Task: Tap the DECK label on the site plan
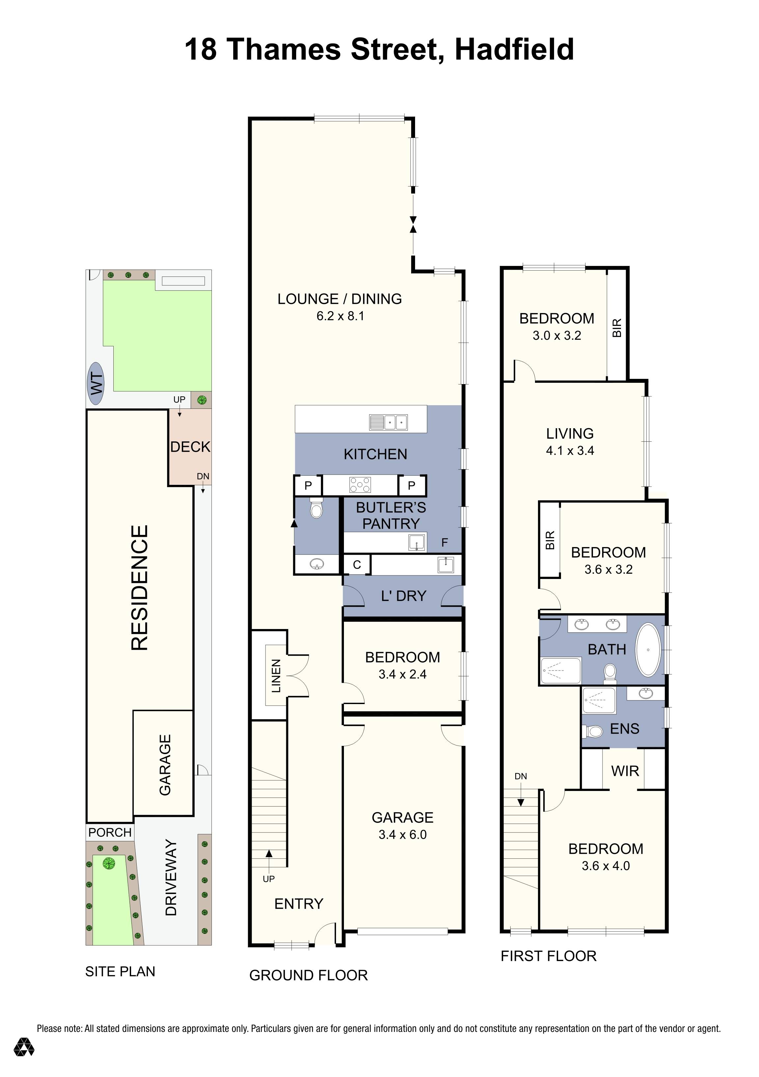click(x=190, y=447)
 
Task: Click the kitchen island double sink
click(x=395, y=422)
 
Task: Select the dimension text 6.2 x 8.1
click(x=340, y=316)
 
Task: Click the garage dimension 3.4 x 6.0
click(x=402, y=834)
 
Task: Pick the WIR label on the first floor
click(x=625, y=771)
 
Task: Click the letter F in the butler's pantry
click(x=444, y=543)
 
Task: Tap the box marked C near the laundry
click(x=357, y=565)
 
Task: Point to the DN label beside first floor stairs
click(x=520, y=776)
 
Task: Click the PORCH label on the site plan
click(x=110, y=833)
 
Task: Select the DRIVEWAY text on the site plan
click(x=171, y=877)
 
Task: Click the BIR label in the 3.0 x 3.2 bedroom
click(x=617, y=328)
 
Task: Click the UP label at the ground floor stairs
click(x=268, y=879)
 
